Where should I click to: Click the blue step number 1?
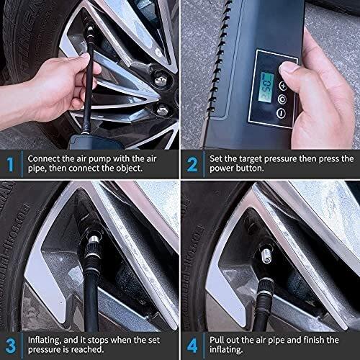10,165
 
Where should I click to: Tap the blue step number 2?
192,165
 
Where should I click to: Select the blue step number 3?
10,346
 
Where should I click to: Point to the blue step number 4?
192,346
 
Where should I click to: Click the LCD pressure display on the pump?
267,87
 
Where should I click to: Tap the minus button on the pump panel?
282,113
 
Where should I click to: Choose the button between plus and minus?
282,99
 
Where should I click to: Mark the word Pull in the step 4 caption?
217,340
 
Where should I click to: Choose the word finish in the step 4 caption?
314,340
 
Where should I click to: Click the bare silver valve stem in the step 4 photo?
266,256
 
